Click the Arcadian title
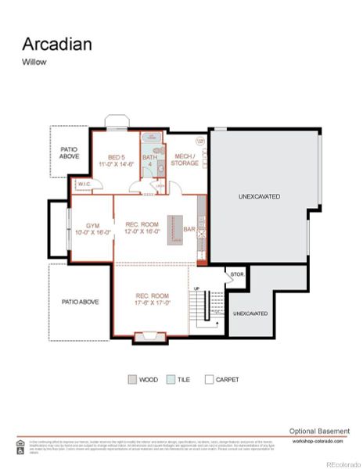(56, 44)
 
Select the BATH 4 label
(149, 161)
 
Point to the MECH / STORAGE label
(185, 160)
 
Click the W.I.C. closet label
(83, 185)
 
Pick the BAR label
(189, 229)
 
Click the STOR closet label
(236, 275)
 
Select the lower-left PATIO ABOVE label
(81, 302)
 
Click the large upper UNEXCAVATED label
(259, 197)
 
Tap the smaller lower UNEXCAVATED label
(250, 313)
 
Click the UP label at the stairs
(197, 288)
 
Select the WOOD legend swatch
(132, 380)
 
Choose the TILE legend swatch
(171, 380)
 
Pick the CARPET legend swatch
(209, 380)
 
